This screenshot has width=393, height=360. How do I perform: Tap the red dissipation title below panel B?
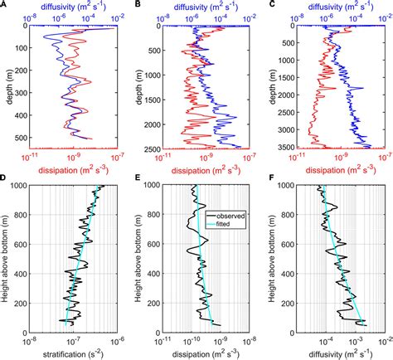(x=207, y=170)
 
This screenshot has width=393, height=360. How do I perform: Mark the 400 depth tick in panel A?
(x=23, y=112)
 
